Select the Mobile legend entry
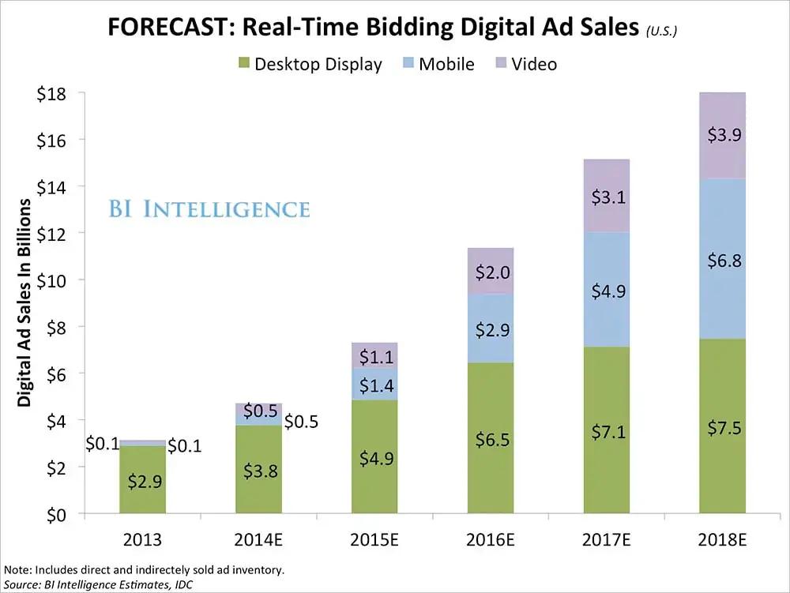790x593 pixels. (x=446, y=65)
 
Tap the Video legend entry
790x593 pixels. (x=534, y=65)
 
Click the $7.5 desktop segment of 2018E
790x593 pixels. (x=721, y=426)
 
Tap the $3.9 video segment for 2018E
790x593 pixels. (x=721, y=136)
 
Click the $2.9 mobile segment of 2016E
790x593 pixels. (x=490, y=328)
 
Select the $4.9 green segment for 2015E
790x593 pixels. (x=374, y=456)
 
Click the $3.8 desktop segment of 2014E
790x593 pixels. (x=258, y=469)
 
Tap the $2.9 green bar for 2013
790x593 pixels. (x=143, y=480)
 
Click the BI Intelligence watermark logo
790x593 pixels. (x=209, y=209)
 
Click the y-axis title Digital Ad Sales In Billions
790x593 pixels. (x=24, y=302)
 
